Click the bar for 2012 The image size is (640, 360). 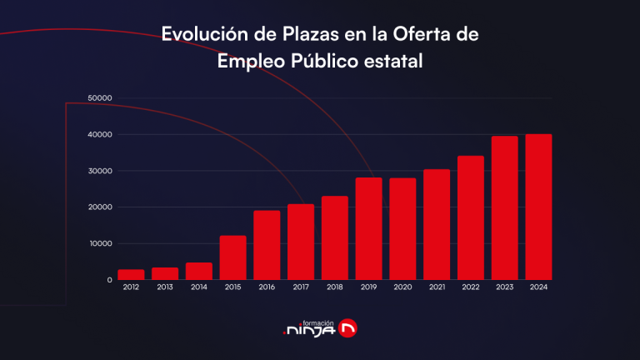pyautogui.click(x=131, y=274)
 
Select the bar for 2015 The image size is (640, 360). pyautogui.click(x=232, y=257)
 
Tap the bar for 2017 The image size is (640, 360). pyautogui.click(x=301, y=242)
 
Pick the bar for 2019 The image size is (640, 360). pyautogui.click(x=368, y=228)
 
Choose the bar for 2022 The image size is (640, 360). pyautogui.click(x=470, y=217)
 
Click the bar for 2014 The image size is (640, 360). pyautogui.click(x=198, y=271)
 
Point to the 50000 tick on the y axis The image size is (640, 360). pyautogui.click(x=99, y=98)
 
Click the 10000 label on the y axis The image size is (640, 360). pyautogui.click(x=99, y=243)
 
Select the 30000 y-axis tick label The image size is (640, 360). pyautogui.click(x=99, y=171)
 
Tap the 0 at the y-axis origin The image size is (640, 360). pyautogui.click(x=109, y=280)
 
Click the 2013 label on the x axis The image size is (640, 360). pyautogui.click(x=165, y=287)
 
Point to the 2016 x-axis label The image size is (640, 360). pyautogui.click(x=267, y=287)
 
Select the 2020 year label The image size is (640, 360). pyautogui.click(x=402, y=287)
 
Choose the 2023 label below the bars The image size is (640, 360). pyautogui.click(x=504, y=287)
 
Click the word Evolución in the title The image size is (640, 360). pyautogui.click(x=199, y=34)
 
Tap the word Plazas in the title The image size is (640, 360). pyautogui.click(x=296, y=34)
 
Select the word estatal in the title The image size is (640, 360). pyautogui.click(x=395, y=61)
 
